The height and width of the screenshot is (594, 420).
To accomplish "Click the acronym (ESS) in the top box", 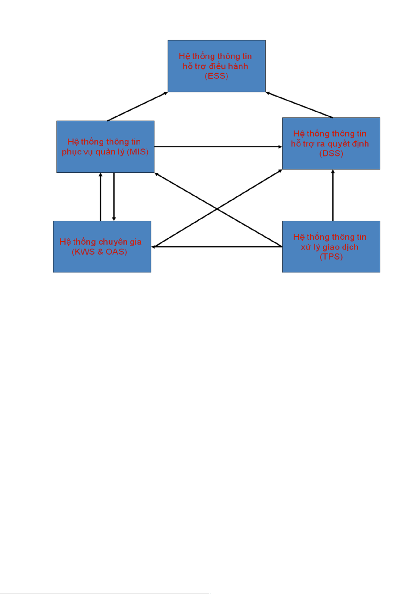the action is click(x=216, y=76).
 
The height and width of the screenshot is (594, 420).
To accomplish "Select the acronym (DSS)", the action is click(x=331, y=154).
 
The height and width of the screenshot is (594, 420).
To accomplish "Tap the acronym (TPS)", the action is click(x=331, y=257).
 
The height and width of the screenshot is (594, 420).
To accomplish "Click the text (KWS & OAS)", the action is click(x=99, y=252).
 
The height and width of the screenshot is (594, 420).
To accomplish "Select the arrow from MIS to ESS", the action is click(x=138, y=106).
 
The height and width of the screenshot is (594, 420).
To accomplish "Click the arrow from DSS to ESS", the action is click(x=299, y=105).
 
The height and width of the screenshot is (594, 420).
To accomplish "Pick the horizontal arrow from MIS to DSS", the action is click(x=218, y=147).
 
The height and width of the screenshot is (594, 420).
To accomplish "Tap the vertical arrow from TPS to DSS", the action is click(x=333, y=195).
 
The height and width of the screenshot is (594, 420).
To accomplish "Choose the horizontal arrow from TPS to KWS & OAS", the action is click(x=217, y=247).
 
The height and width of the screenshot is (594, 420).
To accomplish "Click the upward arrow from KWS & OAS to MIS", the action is click(x=100, y=197).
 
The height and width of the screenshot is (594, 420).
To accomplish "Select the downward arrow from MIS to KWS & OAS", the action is click(x=114, y=197).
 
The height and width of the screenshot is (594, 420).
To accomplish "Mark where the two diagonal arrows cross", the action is click(x=217, y=209).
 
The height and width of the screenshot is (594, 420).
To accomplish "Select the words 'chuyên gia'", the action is click(x=120, y=242).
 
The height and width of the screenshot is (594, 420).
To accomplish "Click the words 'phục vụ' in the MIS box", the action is click(x=78, y=152).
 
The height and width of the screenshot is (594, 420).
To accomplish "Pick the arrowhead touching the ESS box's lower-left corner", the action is click(x=165, y=93).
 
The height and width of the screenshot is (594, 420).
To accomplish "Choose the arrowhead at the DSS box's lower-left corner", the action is click(x=280, y=171).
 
